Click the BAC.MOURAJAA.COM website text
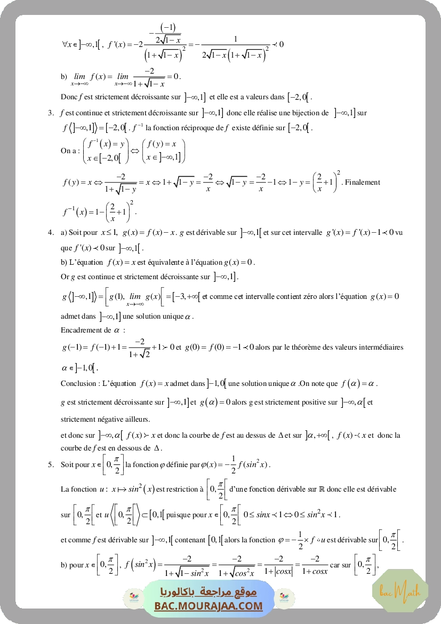point(209,606)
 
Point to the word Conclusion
point(77,383)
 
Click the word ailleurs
point(137,418)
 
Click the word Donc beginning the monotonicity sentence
point(69,97)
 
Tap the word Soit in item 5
point(68,465)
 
